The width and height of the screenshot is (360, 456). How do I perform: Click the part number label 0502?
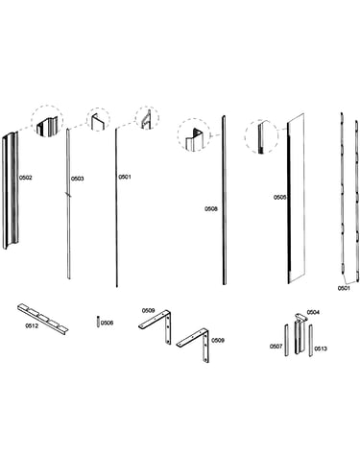(x=26, y=178)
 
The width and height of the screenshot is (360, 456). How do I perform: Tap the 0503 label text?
(x=77, y=179)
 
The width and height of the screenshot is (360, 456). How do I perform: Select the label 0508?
(x=211, y=209)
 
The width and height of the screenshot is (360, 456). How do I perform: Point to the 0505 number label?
(x=279, y=198)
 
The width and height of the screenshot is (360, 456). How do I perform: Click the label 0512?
(x=32, y=326)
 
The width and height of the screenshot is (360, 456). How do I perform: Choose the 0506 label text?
(x=107, y=324)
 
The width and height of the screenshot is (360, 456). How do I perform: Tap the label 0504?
(x=313, y=312)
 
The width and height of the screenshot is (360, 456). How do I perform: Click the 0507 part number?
(x=276, y=347)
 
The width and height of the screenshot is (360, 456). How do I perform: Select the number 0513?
(x=321, y=348)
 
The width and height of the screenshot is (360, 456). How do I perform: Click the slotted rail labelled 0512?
(x=42, y=318)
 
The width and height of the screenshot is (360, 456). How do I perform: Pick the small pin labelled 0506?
(x=98, y=322)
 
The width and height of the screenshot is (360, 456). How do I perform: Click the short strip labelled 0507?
(x=286, y=340)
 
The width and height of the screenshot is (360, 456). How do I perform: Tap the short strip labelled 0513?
(x=310, y=340)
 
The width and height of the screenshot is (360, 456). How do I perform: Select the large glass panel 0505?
(x=296, y=199)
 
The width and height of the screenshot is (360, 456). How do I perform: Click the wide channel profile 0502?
(x=11, y=190)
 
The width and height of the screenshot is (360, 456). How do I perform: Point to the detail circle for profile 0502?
(x=47, y=120)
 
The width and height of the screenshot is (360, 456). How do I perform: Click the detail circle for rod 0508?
(x=194, y=134)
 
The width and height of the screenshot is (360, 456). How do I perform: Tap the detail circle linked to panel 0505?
(x=261, y=136)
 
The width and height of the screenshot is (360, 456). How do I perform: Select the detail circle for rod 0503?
(x=98, y=120)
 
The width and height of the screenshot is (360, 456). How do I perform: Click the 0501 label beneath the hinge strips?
(x=344, y=288)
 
